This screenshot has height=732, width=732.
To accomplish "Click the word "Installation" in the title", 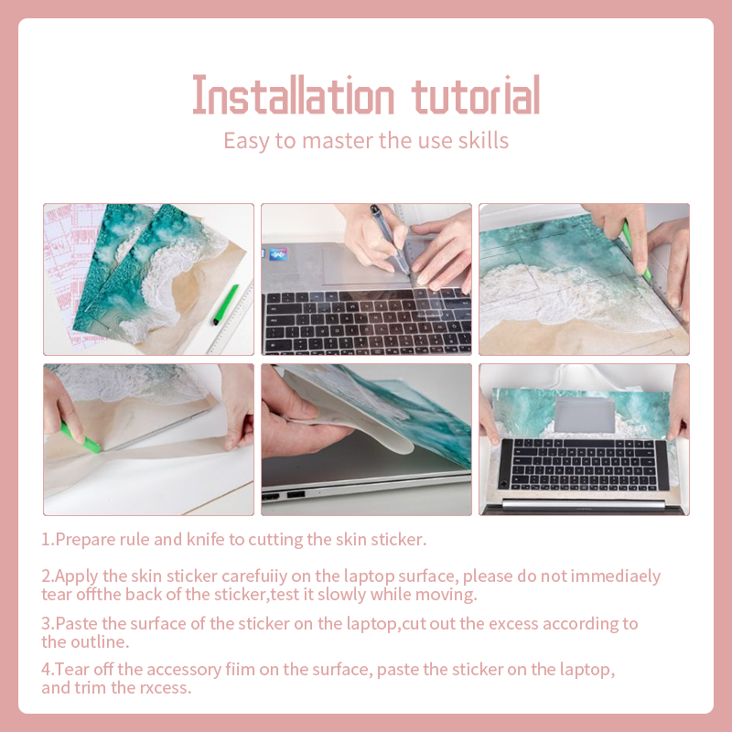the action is click(294, 95).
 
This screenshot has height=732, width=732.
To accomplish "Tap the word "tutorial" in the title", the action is click(476, 95).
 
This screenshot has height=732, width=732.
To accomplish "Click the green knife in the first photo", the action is click(226, 305).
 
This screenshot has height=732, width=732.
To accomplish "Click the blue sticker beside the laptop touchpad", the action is click(279, 254).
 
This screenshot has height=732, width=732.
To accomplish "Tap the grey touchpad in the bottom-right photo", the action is click(585, 414).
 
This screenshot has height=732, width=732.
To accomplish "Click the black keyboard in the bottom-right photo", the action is click(584, 465).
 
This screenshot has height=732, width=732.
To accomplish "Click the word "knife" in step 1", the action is click(205, 539).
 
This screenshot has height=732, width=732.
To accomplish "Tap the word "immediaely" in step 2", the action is click(616, 576).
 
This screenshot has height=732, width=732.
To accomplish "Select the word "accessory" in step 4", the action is click(184, 670).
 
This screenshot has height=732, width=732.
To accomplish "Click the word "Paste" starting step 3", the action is click(76, 624).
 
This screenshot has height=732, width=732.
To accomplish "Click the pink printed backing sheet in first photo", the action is click(70, 275).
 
